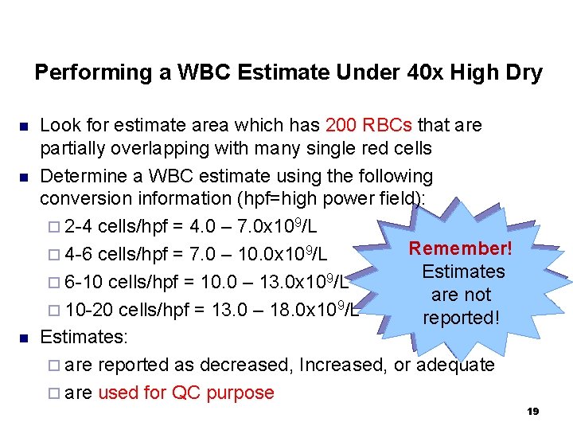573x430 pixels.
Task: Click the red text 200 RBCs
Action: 368,125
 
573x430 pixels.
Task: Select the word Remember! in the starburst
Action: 461,248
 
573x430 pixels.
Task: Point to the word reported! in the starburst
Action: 461,318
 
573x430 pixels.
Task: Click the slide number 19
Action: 533,411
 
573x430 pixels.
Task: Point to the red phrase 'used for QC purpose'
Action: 185,393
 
